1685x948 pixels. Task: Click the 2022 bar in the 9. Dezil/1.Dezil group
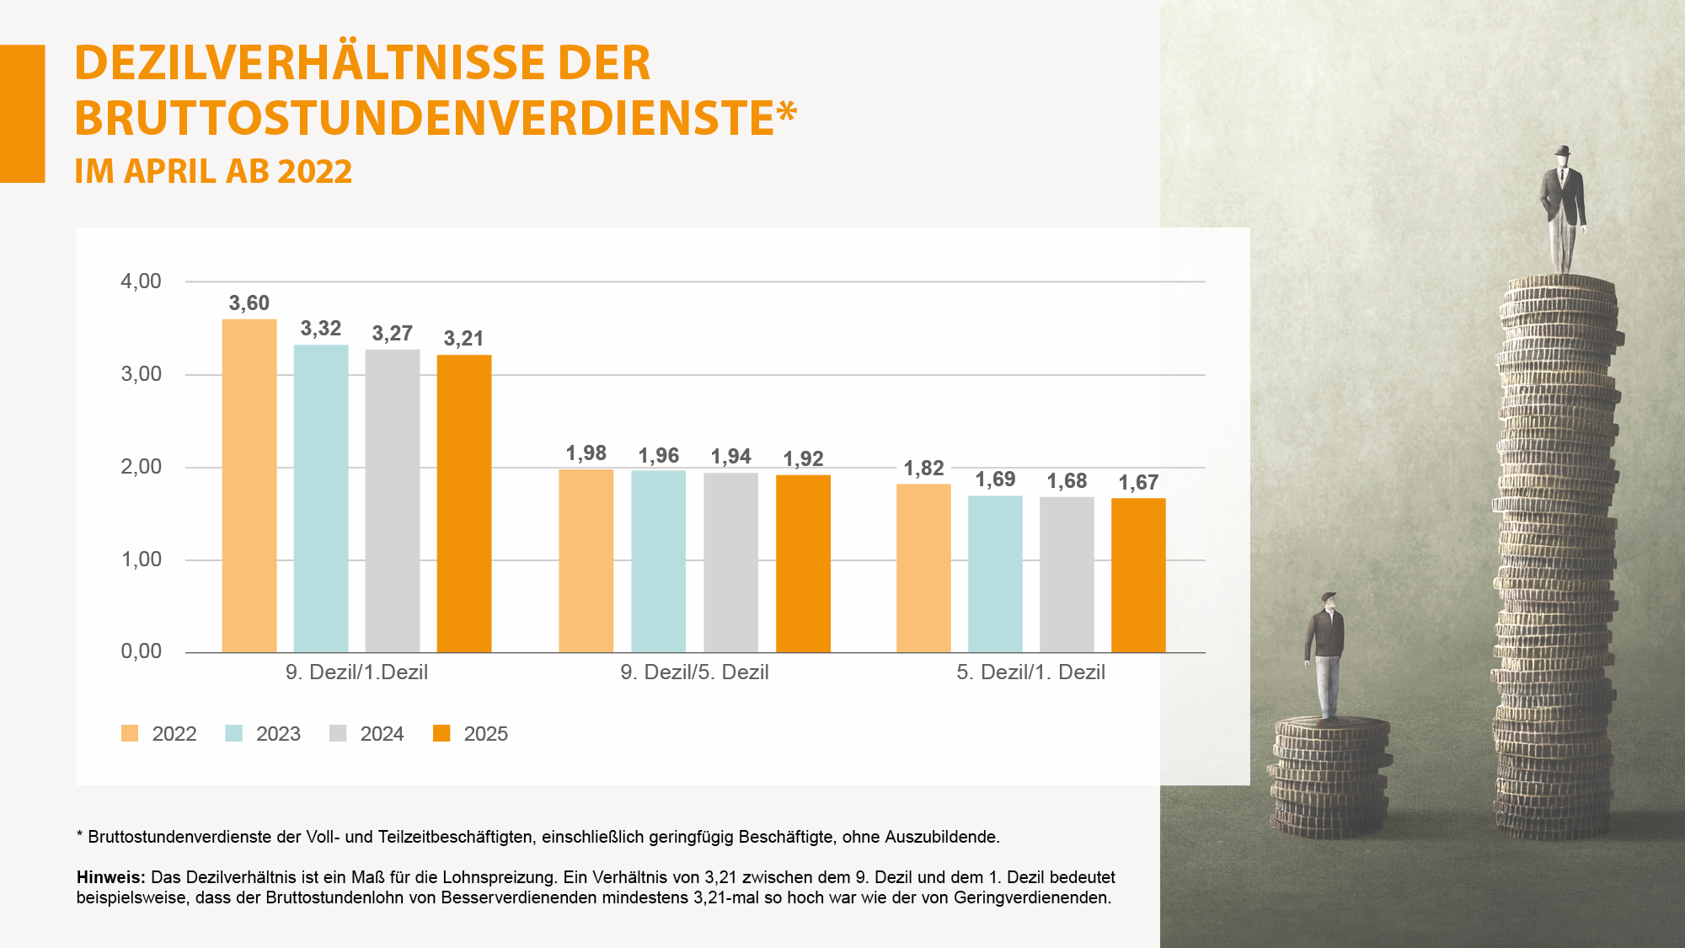(249, 485)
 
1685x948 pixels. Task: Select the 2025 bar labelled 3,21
(463, 503)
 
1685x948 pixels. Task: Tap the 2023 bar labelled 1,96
(658, 561)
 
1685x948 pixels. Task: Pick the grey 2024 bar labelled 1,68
(1067, 574)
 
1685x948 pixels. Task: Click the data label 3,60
(249, 303)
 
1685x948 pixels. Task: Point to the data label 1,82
(923, 469)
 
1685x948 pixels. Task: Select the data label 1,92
(803, 459)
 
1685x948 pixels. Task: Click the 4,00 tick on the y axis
(141, 281)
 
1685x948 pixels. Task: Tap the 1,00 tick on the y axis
(141, 560)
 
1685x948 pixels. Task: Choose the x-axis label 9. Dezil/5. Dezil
(694, 672)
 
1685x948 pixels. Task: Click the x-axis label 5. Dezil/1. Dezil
(1030, 672)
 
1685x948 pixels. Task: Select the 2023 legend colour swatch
(234, 733)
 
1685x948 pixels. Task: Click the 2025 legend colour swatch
(441, 733)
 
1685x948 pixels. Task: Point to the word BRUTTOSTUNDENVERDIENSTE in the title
(425, 118)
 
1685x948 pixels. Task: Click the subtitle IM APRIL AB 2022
(213, 172)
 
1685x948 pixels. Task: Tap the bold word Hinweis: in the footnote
(110, 877)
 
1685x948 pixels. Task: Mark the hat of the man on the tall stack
(1564, 151)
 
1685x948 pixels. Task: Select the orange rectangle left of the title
(22, 114)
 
